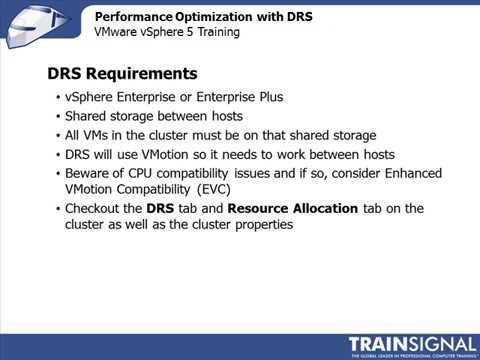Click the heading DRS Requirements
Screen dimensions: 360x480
[x=123, y=74]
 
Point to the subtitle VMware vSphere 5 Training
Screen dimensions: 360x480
[x=167, y=32]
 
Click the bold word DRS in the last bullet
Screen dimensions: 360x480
[x=160, y=208]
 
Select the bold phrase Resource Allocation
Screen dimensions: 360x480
[x=290, y=208]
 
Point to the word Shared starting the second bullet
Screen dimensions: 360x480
[x=87, y=116]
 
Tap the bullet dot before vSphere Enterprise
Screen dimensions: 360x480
[x=57, y=98]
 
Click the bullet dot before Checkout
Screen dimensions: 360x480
[x=57, y=209]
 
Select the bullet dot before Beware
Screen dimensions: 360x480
[x=57, y=173]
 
